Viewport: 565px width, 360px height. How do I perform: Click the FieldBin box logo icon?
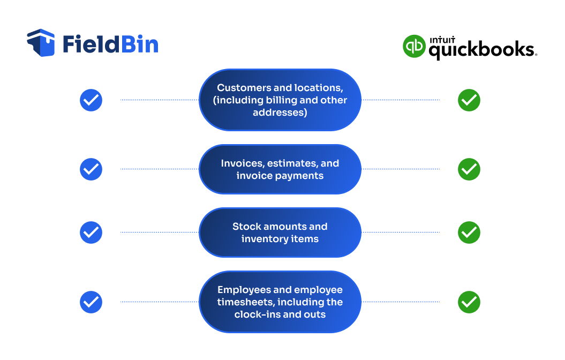[x=41, y=43]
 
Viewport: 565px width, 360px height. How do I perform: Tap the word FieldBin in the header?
[x=110, y=44]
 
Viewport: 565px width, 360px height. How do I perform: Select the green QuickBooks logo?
[x=414, y=47]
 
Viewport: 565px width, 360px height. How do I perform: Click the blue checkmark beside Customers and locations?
[x=91, y=100]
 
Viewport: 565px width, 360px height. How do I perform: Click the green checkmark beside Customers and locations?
[x=469, y=100]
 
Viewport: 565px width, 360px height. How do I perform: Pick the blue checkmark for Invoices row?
[x=91, y=169]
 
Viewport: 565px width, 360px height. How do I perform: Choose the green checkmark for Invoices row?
[x=469, y=169]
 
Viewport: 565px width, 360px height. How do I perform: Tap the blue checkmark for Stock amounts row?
[x=91, y=232]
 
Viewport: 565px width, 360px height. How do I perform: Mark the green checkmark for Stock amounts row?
[x=469, y=232]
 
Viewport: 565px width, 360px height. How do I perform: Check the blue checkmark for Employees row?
[x=91, y=302]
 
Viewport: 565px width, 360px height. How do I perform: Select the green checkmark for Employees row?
[x=469, y=302]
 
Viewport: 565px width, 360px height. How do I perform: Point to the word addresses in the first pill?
[x=280, y=112]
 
